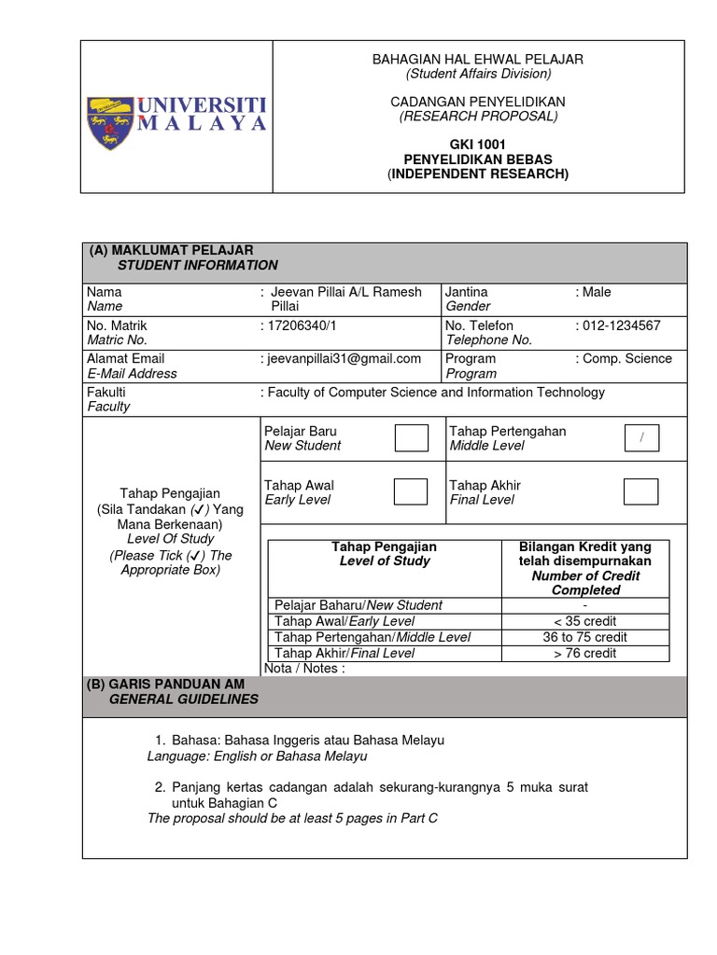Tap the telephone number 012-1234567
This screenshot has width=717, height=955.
(x=622, y=325)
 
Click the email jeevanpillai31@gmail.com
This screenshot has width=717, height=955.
(x=344, y=358)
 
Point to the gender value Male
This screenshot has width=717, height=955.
(x=597, y=292)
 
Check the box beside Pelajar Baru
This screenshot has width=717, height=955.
(x=411, y=437)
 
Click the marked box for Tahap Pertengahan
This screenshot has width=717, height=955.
(x=640, y=437)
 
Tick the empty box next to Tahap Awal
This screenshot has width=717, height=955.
(x=411, y=491)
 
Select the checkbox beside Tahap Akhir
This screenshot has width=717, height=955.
(x=640, y=491)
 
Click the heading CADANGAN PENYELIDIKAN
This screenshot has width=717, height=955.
(x=478, y=101)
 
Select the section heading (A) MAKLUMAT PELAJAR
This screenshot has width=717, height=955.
(x=171, y=250)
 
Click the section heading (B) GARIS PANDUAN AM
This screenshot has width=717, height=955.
(x=167, y=684)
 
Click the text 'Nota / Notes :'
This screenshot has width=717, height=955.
(x=305, y=668)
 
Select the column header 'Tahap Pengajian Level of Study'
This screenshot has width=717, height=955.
(x=385, y=554)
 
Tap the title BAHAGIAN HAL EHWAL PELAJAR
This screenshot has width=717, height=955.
(x=478, y=59)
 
